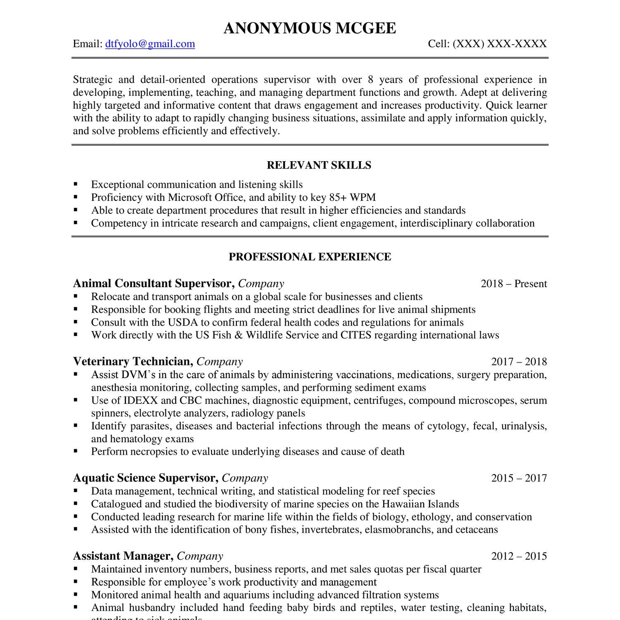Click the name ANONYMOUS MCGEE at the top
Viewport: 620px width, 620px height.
(310, 28)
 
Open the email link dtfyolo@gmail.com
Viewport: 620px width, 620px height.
(150, 44)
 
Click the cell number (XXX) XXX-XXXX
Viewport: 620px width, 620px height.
(500, 44)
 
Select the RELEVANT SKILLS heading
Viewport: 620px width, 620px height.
(319, 165)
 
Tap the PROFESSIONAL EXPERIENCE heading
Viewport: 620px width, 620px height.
(310, 257)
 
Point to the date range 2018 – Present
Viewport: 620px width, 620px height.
(514, 284)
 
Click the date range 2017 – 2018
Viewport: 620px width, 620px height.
(519, 362)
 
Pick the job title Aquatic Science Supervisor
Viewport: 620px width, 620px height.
(145, 478)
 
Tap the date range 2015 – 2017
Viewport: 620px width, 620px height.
(519, 478)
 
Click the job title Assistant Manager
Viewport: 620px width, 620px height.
(123, 556)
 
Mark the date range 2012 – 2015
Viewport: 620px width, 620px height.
(519, 556)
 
